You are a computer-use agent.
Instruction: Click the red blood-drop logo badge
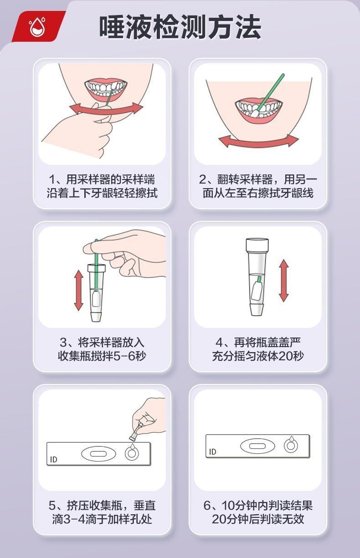coord(39,26)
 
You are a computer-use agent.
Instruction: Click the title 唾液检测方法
coord(180,27)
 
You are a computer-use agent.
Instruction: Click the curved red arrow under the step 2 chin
coord(258,142)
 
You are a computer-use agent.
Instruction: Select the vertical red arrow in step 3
coord(79,290)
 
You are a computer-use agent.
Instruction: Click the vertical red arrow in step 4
coord(284,281)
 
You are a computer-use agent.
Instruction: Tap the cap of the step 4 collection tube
coord(257,245)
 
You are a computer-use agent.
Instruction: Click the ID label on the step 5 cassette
coord(54,459)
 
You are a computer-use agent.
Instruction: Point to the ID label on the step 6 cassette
coord(212,451)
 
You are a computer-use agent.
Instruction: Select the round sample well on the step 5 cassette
coord(132,454)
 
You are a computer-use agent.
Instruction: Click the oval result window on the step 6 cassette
coord(257,446)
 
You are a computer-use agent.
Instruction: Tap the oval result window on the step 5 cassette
coord(98,454)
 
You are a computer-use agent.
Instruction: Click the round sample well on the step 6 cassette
coord(291,445)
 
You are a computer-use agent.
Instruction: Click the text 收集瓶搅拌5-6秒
coord(102,356)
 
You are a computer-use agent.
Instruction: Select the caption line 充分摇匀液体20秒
coord(258,356)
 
